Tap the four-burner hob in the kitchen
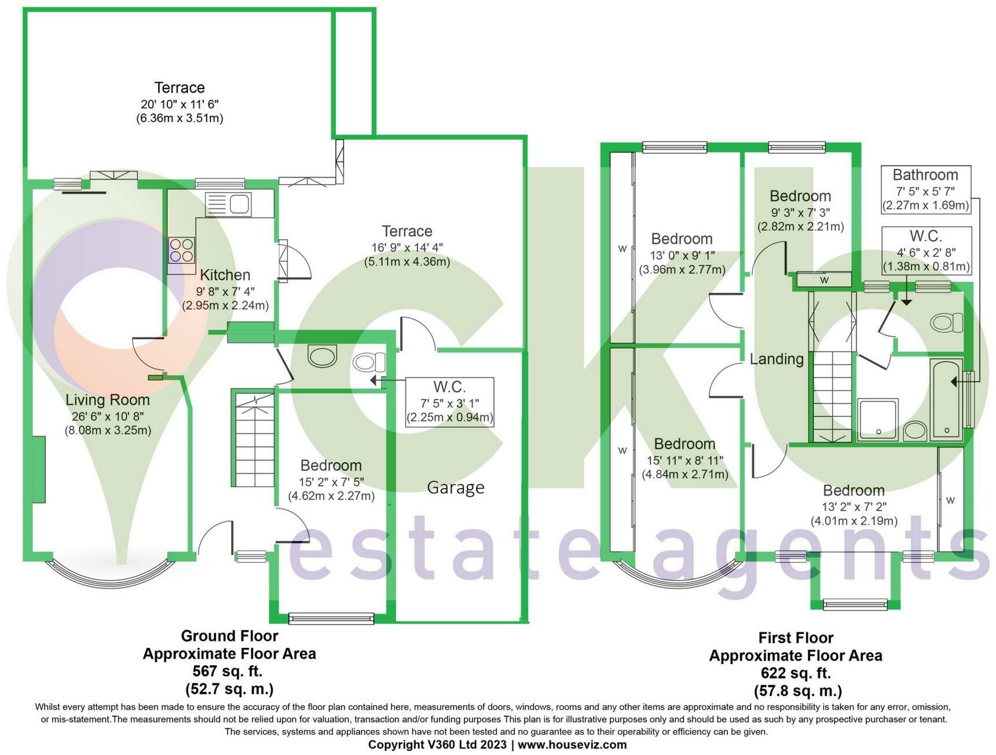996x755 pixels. [x=181, y=251]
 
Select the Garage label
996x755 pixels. [x=456, y=488]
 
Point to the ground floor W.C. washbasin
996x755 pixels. [x=323, y=356]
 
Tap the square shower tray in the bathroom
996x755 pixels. [x=878, y=419]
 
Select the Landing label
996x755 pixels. [x=777, y=359]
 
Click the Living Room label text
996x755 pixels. [x=108, y=400]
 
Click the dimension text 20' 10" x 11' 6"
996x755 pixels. [x=180, y=104]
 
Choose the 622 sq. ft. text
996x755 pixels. [x=796, y=673]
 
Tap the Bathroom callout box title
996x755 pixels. [x=925, y=175]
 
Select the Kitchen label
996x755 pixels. [x=225, y=274]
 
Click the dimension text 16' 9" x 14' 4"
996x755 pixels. [x=407, y=247]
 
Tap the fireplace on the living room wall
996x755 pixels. [x=39, y=470]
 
